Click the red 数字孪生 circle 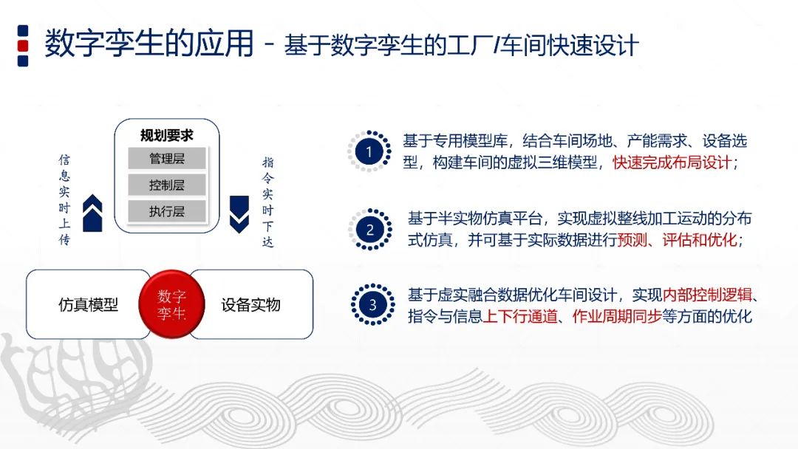click(x=171, y=304)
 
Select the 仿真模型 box click(x=88, y=304)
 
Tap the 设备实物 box click(x=250, y=304)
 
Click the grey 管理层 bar click(x=166, y=158)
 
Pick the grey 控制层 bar click(x=166, y=185)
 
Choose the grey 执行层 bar click(x=166, y=211)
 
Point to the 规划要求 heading click(x=167, y=135)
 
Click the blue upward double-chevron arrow click(x=93, y=213)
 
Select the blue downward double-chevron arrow click(x=239, y=214)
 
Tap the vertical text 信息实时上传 click(x=65, y=200)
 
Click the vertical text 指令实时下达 click(x=267, y=202)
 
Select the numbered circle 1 click(x=369, y=152)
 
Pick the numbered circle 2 click(x=369, y=230)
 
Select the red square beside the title click(x=23, y=45)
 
